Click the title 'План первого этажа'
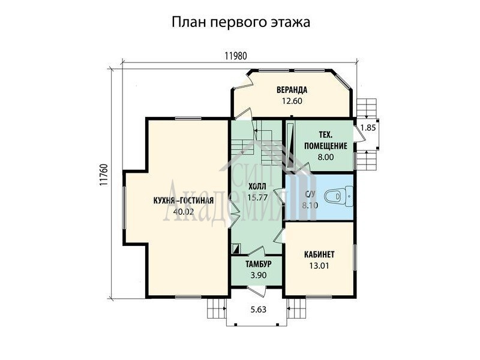tap(241, 23)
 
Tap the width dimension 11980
tap(235, 56)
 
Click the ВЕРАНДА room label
tap(292, 90)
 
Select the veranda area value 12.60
tap(292, 101)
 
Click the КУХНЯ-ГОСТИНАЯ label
tap(183, 200)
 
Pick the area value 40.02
tap(184, 212)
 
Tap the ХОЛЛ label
tap(257, 187)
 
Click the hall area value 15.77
tap(257, 197)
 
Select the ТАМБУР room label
tap(259, 264)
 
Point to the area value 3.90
tap(259, 275)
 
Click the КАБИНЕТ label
tap(319, 254)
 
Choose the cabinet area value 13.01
tap(319, 266)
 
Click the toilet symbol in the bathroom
tap(338, 197)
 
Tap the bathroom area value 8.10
tap(310, 205)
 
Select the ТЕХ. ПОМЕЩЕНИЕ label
tap(325, 140)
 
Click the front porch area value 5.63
tap(259, 310)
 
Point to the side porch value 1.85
tap(368, 128)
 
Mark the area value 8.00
tap(325, 157)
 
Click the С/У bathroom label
tap(310, 194)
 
